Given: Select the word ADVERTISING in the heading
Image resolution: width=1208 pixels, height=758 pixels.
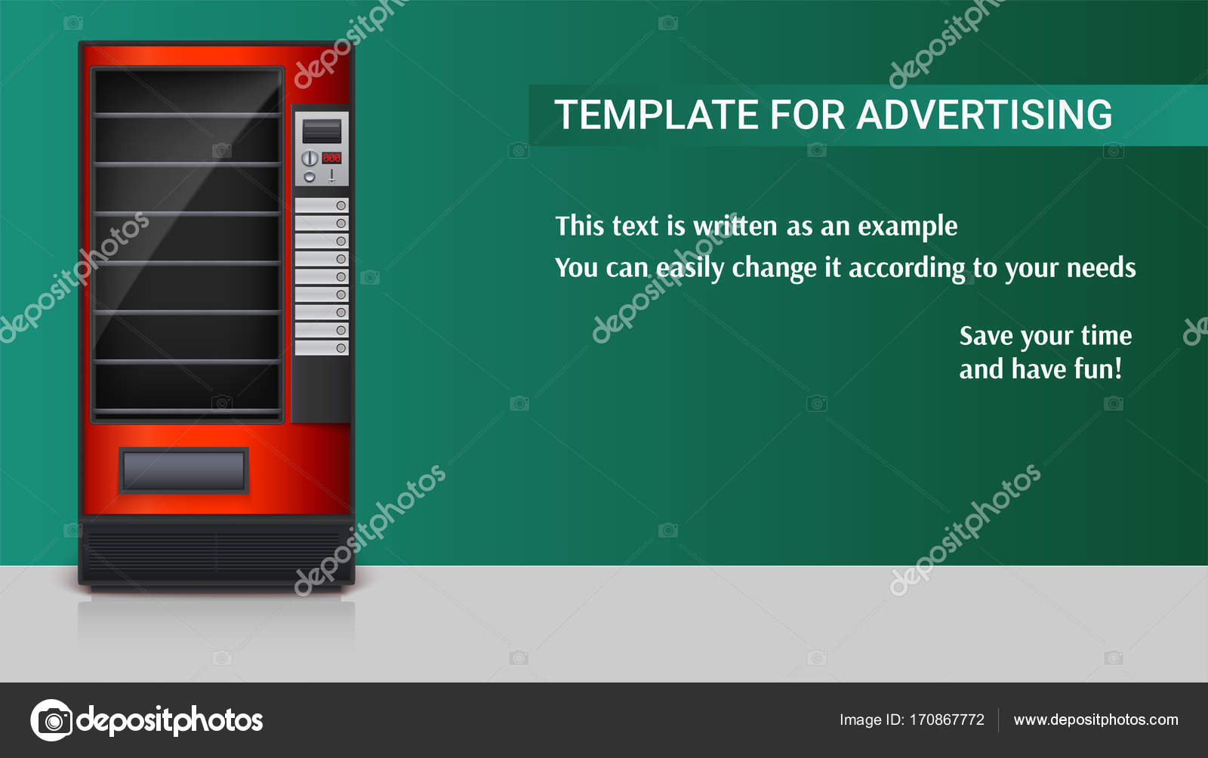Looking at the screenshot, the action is pos(984,115).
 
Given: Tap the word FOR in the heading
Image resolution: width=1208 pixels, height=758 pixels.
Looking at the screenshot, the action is pos(807,115).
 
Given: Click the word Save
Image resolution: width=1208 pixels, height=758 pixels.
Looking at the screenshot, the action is pos(986,337).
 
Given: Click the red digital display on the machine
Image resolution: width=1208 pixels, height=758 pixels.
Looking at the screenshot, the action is pos(331,158).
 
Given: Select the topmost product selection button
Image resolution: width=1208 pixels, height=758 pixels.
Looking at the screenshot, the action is pos(322,205).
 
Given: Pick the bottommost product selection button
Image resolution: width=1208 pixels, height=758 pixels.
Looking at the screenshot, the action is pos(322,348).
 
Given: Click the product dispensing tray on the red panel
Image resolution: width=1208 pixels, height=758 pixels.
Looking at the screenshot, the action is pos(184,470).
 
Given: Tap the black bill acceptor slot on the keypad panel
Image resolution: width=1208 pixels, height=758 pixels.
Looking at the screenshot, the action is pos(322,131).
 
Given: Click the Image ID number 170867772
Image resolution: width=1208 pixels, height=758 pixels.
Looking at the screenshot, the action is pos(947,719).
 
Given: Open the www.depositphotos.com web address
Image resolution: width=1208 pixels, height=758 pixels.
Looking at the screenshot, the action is pos(1096,719).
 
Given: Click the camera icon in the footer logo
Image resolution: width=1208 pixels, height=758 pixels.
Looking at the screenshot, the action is pos(52,720).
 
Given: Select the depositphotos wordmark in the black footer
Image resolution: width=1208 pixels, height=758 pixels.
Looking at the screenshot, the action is pos(170,721).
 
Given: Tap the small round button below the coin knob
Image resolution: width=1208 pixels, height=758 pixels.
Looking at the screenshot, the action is pos(310,177).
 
